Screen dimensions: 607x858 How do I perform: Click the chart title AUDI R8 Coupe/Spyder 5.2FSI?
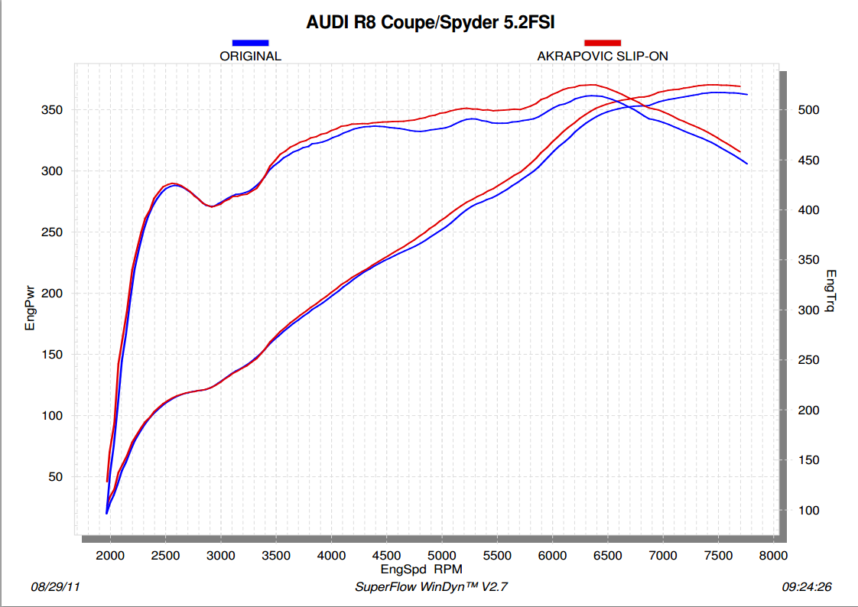click(430, 22)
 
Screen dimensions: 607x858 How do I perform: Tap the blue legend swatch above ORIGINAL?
click(250, 43)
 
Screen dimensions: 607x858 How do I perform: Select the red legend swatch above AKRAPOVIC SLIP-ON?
click(603, 43)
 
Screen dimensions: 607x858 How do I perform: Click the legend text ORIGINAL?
click(250, 56)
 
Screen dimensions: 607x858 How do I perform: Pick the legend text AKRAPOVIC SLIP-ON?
click(603, 56)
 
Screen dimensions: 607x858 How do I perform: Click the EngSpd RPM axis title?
click(421, 569)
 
